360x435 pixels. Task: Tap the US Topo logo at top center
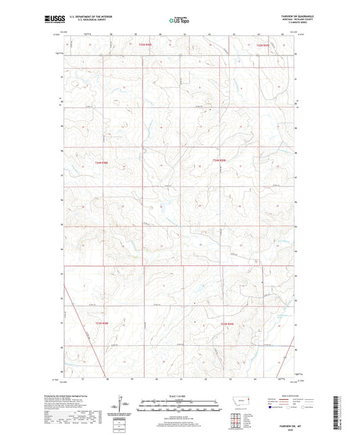coord(180,20)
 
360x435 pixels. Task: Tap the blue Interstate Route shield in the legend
coord(272,408)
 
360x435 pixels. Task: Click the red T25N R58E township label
coord(144,45)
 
